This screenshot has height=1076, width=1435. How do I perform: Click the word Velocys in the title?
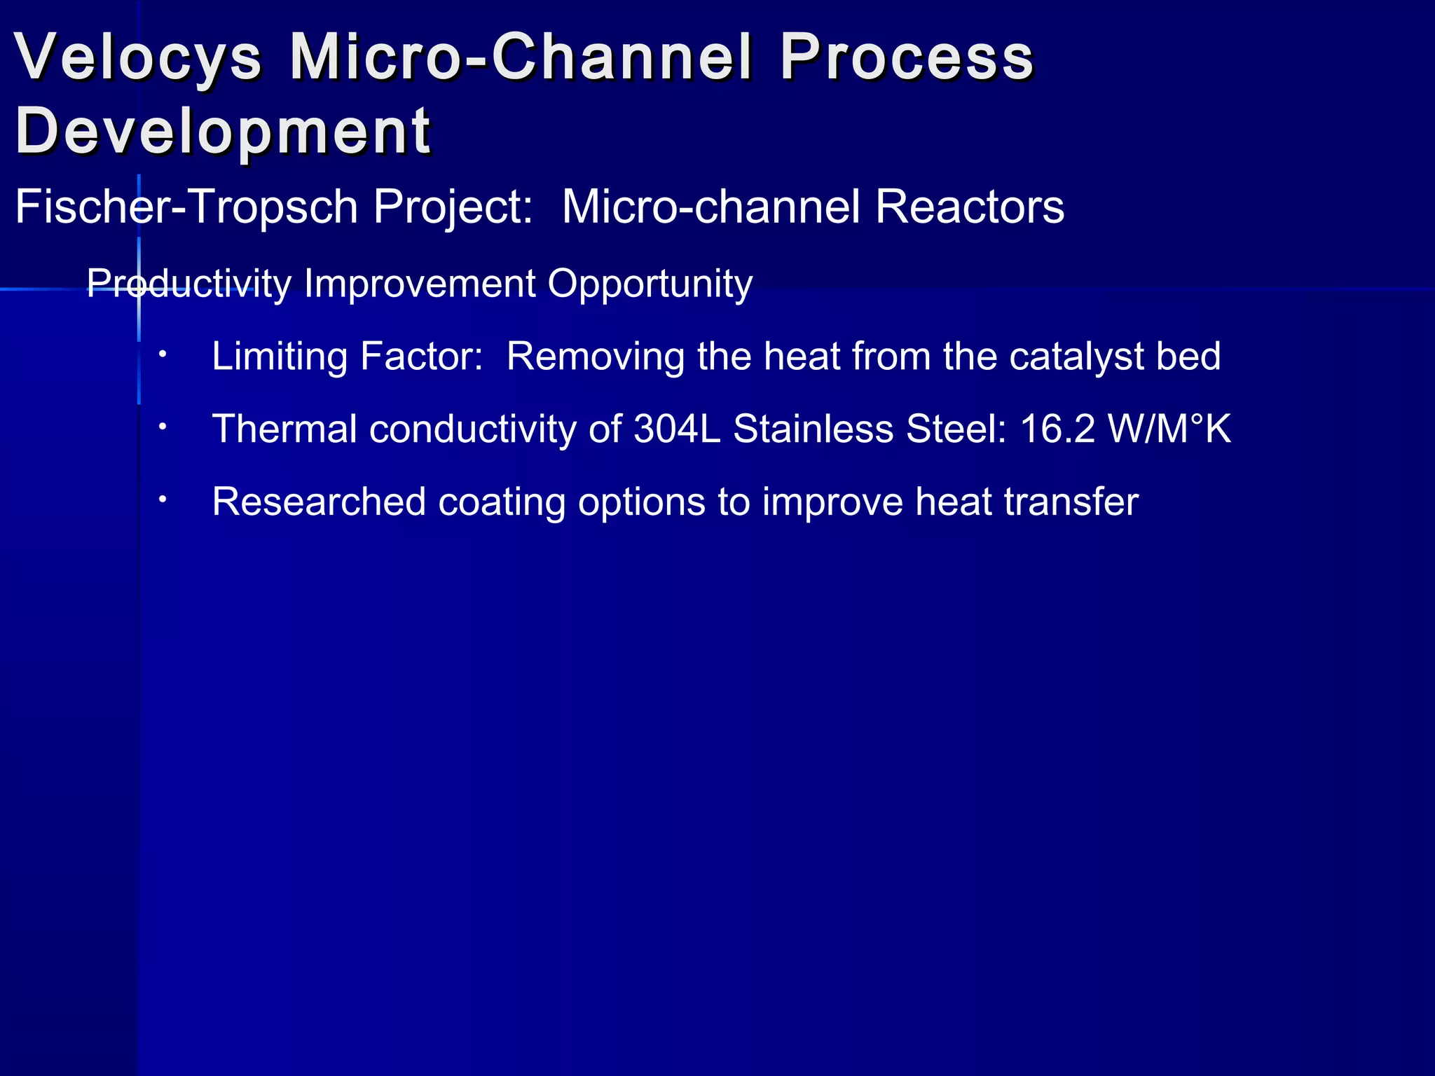tap(138, 57)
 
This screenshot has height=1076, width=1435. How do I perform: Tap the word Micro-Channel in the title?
tap(521, 57)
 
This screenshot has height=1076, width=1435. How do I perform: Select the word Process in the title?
tap(907, 57)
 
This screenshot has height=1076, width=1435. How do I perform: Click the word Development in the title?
tap(223, 131)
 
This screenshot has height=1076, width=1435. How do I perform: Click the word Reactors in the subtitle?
tap(969, 207)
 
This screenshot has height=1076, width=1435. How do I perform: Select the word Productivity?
tap(188, 284)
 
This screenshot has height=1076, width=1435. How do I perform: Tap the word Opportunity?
tap(650, 284)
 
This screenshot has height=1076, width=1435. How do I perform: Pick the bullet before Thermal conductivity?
tap(162, 427)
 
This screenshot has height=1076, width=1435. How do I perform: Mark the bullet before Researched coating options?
tap(162, 499)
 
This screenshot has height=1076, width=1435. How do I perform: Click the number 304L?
tap(677, 429)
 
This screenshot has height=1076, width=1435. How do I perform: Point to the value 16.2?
tap(1057, 429)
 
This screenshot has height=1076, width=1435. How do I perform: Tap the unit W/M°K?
tap(1169, 429)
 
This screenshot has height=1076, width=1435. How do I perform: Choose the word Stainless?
tap(813, 429)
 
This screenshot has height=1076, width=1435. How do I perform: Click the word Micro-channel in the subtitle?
tap(710, 207)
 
